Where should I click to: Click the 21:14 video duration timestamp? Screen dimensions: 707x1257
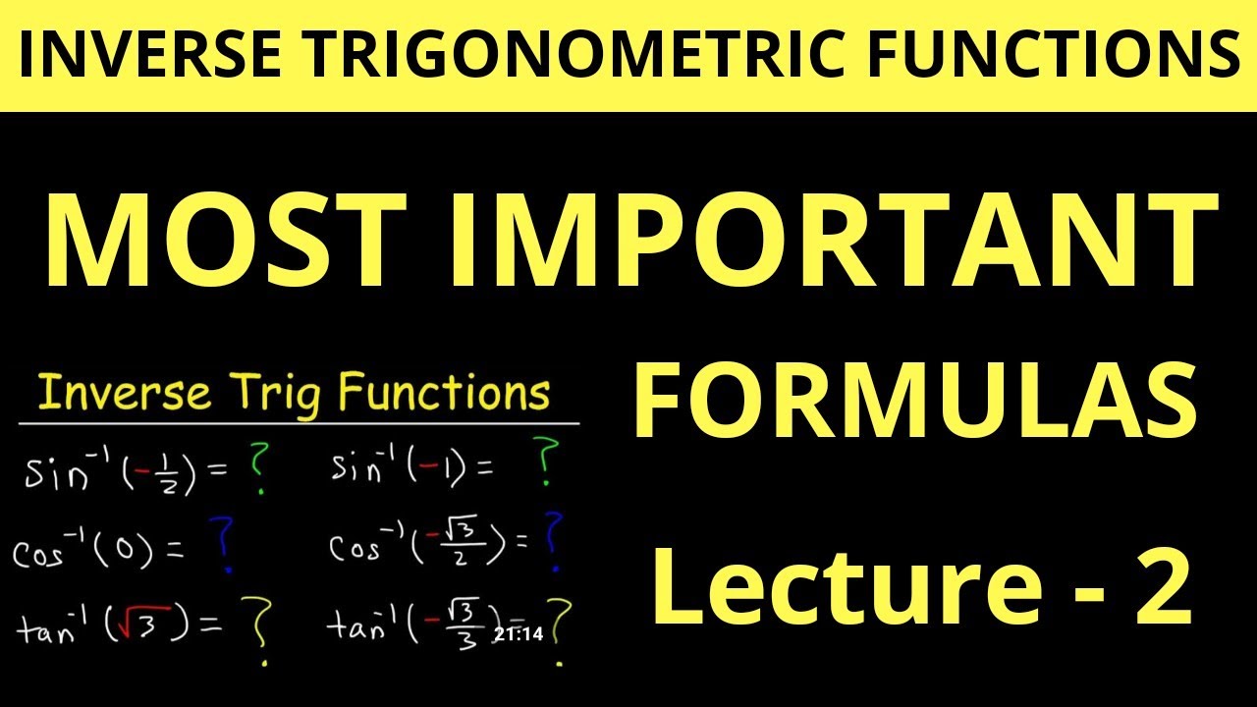tap(519, 634)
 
